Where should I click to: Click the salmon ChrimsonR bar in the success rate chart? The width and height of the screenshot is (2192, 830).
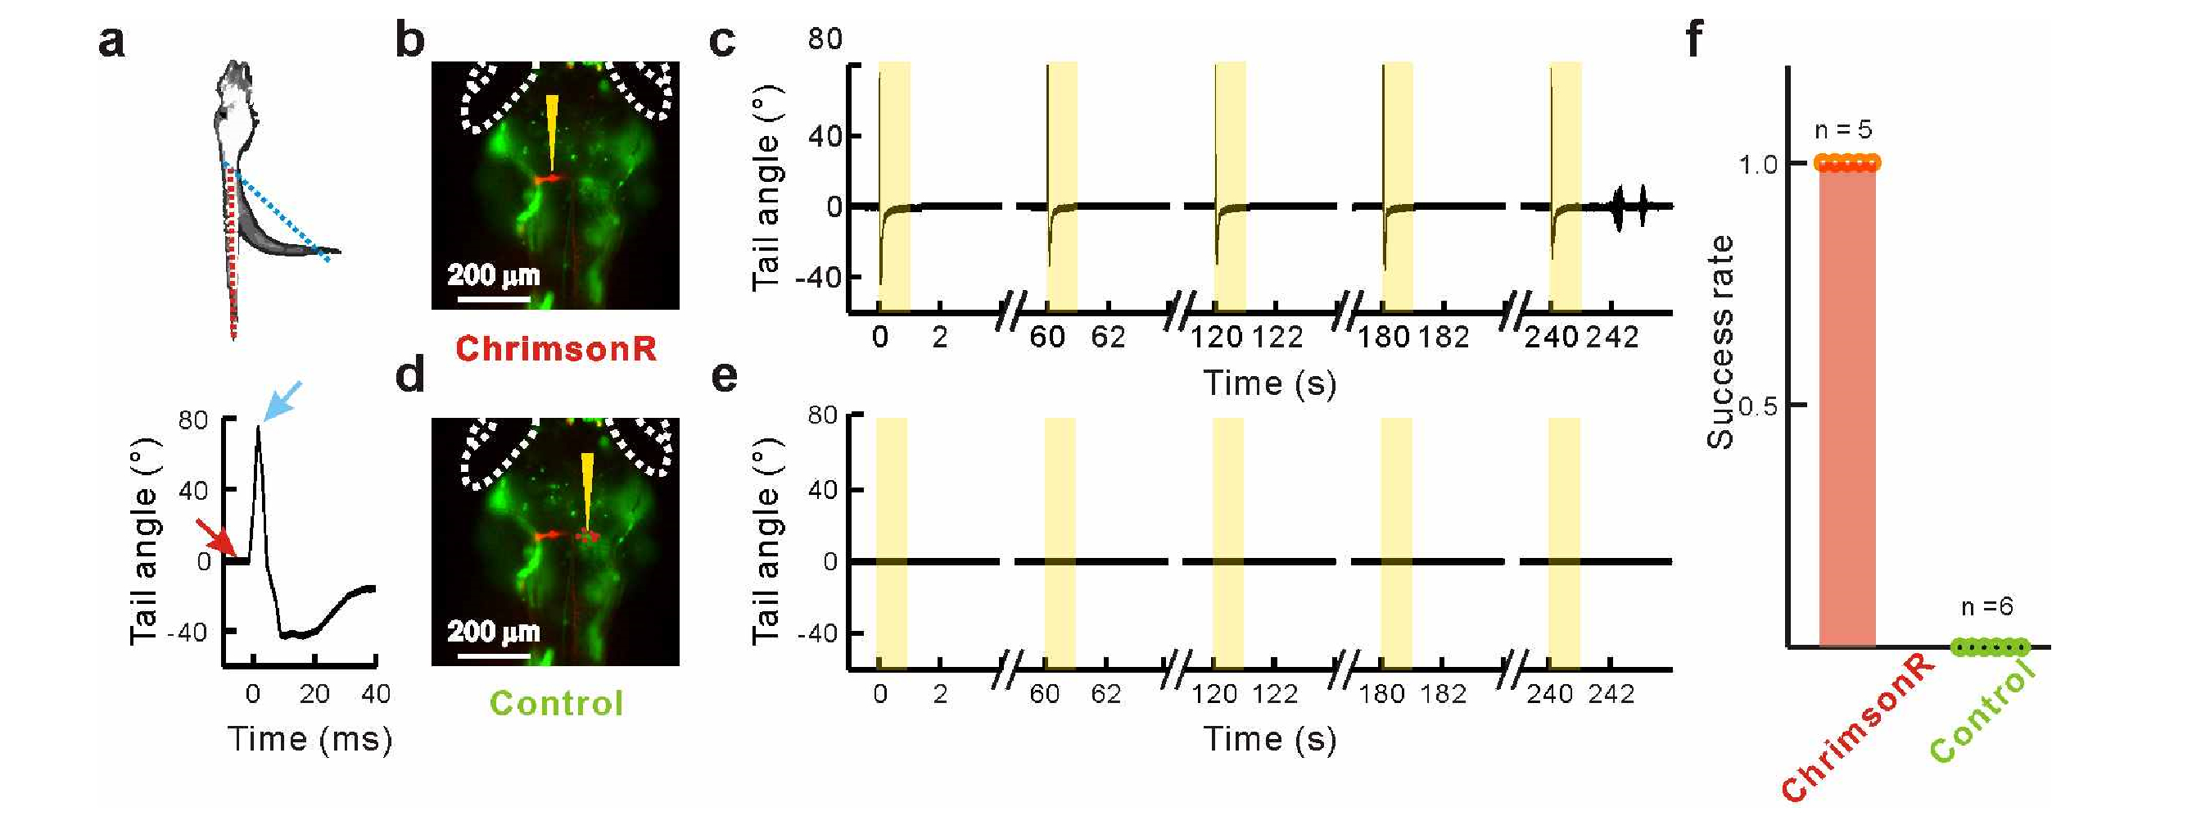(1846, 409)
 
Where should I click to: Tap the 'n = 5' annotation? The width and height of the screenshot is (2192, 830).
(1843, 130)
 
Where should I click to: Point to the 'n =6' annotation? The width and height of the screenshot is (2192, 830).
(1987, 606)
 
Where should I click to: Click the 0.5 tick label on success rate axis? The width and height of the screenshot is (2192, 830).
(1756, 406)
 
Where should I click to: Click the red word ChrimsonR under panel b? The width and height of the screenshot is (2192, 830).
(556, 349)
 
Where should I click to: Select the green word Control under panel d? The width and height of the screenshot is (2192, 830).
(557, 704)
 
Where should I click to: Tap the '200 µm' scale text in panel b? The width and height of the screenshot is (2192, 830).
(494, 275)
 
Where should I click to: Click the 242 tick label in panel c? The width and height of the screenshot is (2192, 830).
(1611, 338)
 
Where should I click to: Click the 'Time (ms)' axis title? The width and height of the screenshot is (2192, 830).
(310, 739)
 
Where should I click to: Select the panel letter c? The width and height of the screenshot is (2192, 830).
(721, 40)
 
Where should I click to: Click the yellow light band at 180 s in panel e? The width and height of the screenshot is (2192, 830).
(1396, 545)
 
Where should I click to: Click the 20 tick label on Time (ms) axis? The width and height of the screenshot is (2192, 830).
(314, 695)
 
